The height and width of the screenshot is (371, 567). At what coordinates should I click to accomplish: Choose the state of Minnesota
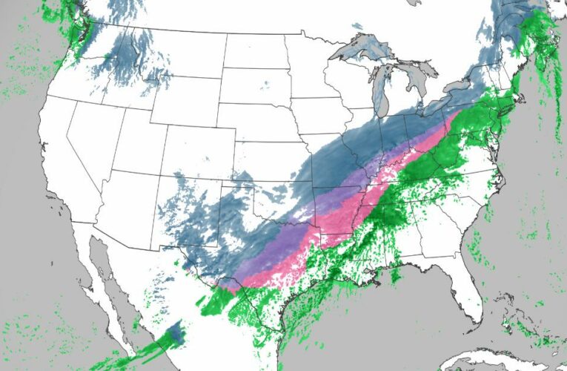point(311,67)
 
